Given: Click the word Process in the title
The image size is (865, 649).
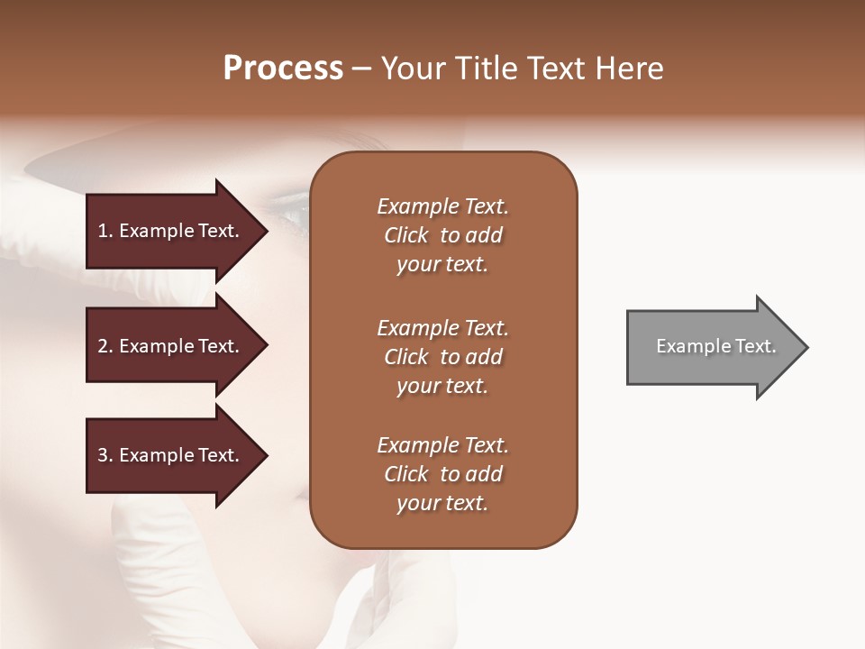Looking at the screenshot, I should pos(283,69).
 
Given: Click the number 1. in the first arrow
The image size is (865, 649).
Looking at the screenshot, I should pos(105,231).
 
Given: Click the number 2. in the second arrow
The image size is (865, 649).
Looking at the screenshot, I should pos(105,346).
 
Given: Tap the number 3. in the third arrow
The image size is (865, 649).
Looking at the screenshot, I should pos(105,455).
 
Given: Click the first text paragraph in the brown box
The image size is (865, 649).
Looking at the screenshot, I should pos(442,235).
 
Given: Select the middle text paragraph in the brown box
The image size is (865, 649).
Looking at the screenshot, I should pos(442,357).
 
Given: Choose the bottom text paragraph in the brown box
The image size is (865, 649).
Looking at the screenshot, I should pos(442,474).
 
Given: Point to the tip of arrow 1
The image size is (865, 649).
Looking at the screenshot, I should pos(266,231).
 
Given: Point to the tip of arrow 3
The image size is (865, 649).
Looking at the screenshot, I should pos(266,455).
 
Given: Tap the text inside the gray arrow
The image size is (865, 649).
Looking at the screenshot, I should pos(715,346).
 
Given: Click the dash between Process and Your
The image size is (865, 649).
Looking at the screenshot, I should pos(362,69).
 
